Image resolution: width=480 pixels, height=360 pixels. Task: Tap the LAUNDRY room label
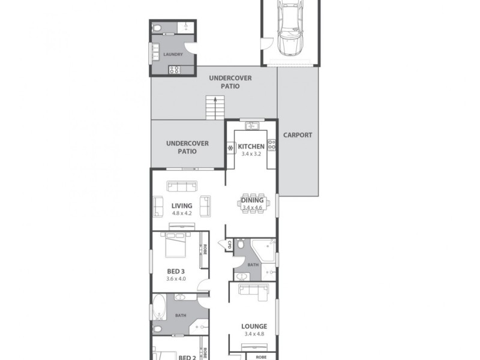(173, 55)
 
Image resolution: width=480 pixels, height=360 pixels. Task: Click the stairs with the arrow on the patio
(214, 108)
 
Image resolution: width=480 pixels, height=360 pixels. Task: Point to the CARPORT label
(298, 136)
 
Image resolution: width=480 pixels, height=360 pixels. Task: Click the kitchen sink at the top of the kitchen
(251, 125)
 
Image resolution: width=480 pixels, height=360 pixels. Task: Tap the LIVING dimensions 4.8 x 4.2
(181, 213)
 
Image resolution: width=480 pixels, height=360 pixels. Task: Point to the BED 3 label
(176, 271)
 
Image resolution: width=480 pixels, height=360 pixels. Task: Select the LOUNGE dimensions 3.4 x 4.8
(255, 334)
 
